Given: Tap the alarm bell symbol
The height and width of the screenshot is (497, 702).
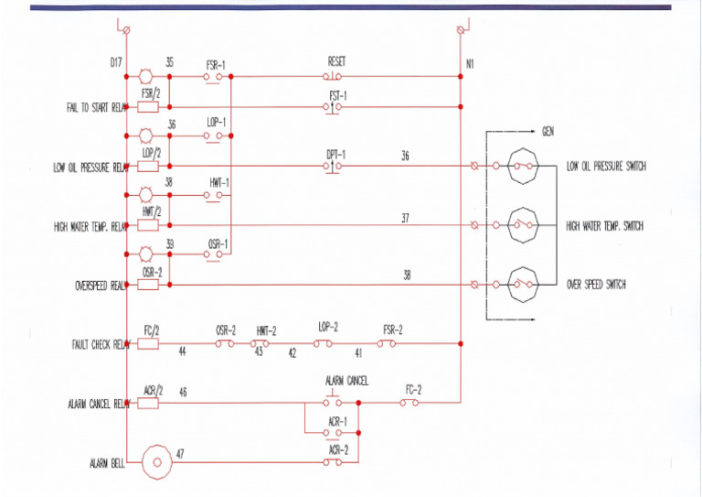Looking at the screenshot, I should [156, 463].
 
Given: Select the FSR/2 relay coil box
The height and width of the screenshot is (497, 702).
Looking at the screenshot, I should [148, 107].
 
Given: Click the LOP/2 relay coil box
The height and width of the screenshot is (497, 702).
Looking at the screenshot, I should [148, 166].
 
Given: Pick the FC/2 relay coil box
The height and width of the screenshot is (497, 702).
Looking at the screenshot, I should [148, 344].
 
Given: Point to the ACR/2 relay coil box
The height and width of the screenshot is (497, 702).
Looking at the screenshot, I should [148, 403].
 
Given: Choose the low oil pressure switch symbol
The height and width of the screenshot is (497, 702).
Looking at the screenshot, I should [524, 166].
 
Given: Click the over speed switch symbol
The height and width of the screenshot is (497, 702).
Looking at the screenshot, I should [524, 284].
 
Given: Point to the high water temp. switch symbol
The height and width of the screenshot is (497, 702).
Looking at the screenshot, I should [524, 225].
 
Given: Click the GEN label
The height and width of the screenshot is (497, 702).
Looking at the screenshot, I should [548, 132].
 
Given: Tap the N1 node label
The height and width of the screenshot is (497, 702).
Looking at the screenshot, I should [470, 65].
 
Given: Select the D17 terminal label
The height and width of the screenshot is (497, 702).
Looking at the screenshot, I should [115, 63].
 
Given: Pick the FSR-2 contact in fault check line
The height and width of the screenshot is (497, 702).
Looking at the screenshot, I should [388, 344].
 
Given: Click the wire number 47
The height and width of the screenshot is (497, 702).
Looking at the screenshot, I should [180, 453].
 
